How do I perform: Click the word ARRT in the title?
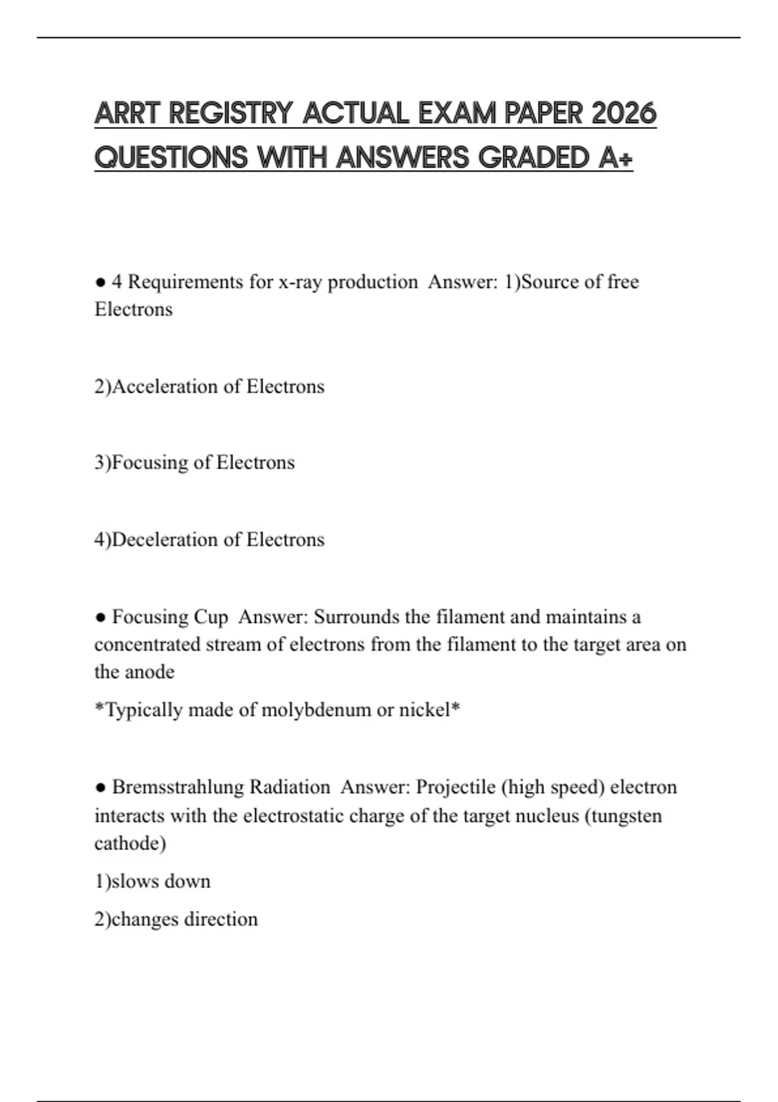tap(126, 113)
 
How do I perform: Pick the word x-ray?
tap(300, 282)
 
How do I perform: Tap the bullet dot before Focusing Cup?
tap(100, 617)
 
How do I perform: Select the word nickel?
tap(424, 710)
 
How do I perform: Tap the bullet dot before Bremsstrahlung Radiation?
tap(100, 788)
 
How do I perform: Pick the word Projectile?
tap(456, 788)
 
